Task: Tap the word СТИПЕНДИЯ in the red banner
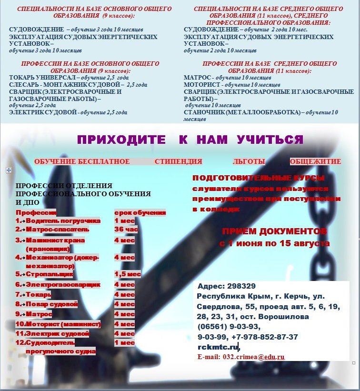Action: (178, 162)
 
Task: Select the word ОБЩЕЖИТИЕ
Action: (315, 161)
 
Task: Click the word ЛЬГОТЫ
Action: (249, 162)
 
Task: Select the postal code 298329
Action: (240, 286)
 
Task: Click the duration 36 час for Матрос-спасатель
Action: (126, 229)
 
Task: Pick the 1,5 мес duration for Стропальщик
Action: (127, 274)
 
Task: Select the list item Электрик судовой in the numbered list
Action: (57, 333)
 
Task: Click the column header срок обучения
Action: (140, 212)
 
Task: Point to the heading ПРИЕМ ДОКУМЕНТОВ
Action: (274, 232)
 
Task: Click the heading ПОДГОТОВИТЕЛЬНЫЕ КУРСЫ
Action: (259, 178)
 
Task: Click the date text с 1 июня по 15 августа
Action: (274, 243)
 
